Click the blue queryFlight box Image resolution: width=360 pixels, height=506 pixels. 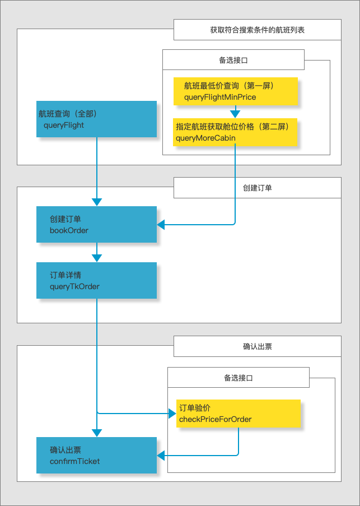[x=96, y=119]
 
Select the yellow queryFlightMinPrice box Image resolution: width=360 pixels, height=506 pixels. [x=235, y=91]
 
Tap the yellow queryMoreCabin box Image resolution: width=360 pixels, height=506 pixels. [x=235, y=132]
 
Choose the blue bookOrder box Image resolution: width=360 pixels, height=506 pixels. [x=96, y=224]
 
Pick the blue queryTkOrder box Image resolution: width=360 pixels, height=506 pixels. [x=96, y=280]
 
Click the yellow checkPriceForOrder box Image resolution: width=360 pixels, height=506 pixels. [x=239, y=414]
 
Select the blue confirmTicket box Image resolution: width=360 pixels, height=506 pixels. [x=96, y=455]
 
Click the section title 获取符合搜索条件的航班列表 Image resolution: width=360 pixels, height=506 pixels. [x=258, y=30]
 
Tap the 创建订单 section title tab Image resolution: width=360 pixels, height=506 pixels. [x=258, y=188]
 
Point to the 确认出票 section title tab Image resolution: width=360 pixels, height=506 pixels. [x=258, y=346]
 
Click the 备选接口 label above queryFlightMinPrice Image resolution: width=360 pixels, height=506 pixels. [x=233, y=59]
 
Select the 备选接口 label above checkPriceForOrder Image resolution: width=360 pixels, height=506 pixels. [x=238, y=378]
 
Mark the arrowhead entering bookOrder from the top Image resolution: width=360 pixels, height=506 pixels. [x=97, y=202]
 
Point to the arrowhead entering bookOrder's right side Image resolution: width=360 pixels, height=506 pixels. [x=161, y=225]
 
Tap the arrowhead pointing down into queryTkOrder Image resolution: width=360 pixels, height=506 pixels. [x=97, y=258]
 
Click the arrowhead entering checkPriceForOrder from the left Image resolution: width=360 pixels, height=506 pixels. [x=172, y=414]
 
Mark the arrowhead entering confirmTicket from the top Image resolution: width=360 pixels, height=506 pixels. [x=97, y=433]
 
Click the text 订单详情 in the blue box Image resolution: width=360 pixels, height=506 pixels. [x=66, y=275]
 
